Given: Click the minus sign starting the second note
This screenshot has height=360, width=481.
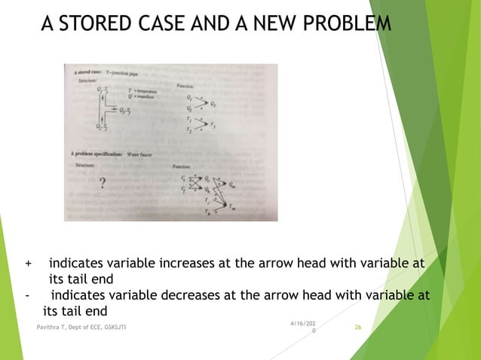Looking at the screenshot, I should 27,295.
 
